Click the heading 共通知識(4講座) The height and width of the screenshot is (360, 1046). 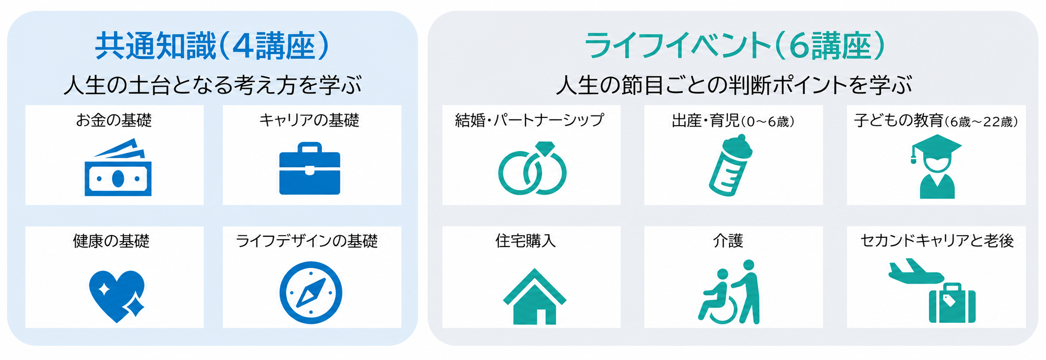pos(212,46)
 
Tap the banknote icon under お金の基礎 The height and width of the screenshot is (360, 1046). pos(118,167)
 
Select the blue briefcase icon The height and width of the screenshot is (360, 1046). pos(310,168)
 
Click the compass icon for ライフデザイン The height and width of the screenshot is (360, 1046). pos(311,292)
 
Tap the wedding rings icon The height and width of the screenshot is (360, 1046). pos(532,168)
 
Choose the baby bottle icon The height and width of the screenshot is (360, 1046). pos(730,165)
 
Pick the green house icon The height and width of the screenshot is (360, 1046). pos(534,296)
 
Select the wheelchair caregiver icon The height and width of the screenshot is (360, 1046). pos(729,292)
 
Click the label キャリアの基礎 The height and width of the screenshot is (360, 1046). pos(309,120)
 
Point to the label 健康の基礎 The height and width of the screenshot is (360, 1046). pos(111,241)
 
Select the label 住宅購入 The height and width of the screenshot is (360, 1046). pos(525,241)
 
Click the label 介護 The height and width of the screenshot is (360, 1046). pos(728,241)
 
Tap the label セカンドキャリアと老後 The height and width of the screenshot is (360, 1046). pos(937,241)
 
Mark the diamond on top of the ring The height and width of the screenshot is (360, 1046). pos(545,148)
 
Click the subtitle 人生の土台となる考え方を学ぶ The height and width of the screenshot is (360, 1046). pos(212,85)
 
